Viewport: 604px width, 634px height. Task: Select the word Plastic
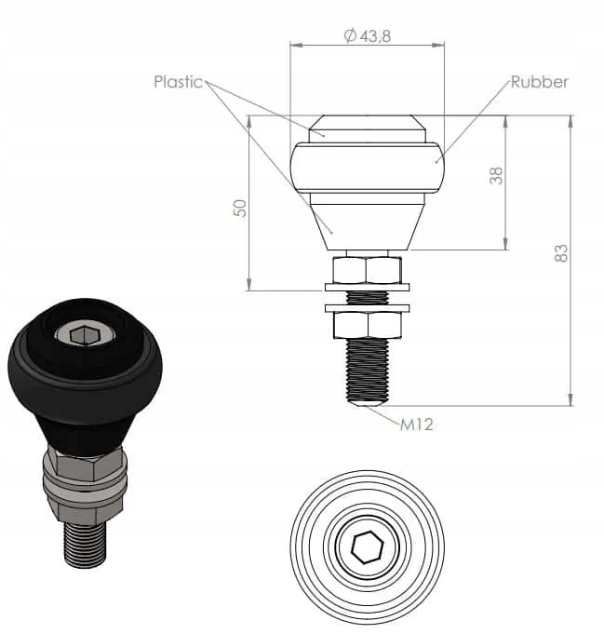click(178, 82)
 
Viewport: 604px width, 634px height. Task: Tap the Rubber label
click(539, 82)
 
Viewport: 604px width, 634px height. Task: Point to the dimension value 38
click(496, 175)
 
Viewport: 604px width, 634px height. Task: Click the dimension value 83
click(560, 252)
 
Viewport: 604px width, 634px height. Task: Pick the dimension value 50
click(240, 208)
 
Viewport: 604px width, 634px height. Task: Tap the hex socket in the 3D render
click(84, 336)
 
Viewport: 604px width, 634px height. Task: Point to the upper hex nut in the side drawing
click(367, 271)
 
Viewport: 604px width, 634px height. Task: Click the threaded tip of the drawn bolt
click(367, 372)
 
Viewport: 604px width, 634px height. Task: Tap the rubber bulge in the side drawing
click(367, 168)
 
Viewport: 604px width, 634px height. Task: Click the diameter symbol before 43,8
click(350, 35)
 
